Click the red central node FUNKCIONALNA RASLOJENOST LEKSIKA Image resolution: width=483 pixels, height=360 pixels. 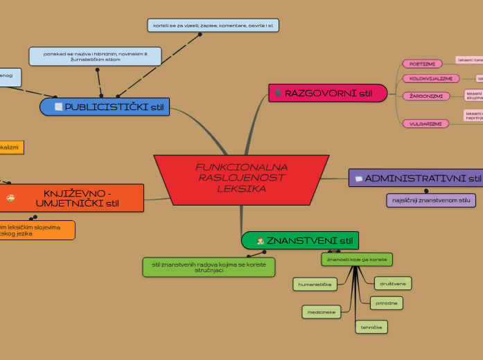tap(241, 179)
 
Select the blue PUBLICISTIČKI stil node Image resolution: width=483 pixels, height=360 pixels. tap(105, 107)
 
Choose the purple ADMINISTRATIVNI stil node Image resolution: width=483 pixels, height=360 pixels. tap(416, 179)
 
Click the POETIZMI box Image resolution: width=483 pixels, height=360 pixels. tap(422, 64)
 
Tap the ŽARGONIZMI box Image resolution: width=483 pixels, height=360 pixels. tap(426, 96)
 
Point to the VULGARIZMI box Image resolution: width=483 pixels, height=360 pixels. tap(425, 123)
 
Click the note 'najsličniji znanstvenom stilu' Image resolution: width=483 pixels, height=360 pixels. tap(431, 200)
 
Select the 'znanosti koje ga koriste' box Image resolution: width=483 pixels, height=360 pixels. tap(357, 260)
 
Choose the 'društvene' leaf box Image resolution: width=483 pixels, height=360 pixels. tap(392, 283)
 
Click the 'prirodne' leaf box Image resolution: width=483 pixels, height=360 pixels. tap(386, 303)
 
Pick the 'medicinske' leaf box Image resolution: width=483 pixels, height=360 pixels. tap(321, 312)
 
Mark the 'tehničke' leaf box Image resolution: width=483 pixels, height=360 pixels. tap(371, 326)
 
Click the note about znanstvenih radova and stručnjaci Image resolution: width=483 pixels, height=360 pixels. tap(208, 267)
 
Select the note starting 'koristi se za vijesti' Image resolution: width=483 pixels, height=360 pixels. tap(213, 26)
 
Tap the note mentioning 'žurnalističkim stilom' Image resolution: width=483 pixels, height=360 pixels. tap(95, 56)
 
